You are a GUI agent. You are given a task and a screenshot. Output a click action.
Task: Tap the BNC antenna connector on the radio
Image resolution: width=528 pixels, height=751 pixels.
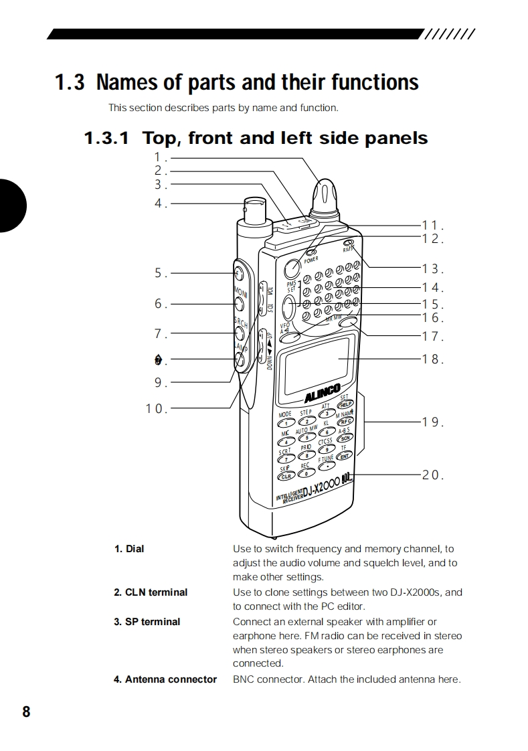[254, 212]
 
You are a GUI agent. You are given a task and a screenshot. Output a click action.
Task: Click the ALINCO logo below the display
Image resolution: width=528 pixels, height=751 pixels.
[323, 391]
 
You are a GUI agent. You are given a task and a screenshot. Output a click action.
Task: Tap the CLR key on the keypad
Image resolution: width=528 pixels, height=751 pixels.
[286, 476]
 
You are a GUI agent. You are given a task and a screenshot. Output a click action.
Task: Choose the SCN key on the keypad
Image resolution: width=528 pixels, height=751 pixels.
[345, 438]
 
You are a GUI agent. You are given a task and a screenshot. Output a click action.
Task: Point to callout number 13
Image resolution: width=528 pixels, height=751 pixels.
[432, 269]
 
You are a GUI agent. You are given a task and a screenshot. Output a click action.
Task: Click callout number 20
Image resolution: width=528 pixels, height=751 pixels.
[432, 475]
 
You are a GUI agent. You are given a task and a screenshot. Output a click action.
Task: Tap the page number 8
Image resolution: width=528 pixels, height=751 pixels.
[26, 712]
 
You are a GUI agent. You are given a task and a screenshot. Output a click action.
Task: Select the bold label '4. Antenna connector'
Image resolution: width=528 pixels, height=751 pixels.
[165, 679]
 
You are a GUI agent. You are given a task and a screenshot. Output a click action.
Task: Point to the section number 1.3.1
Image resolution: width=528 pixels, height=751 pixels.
[106, 139]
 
